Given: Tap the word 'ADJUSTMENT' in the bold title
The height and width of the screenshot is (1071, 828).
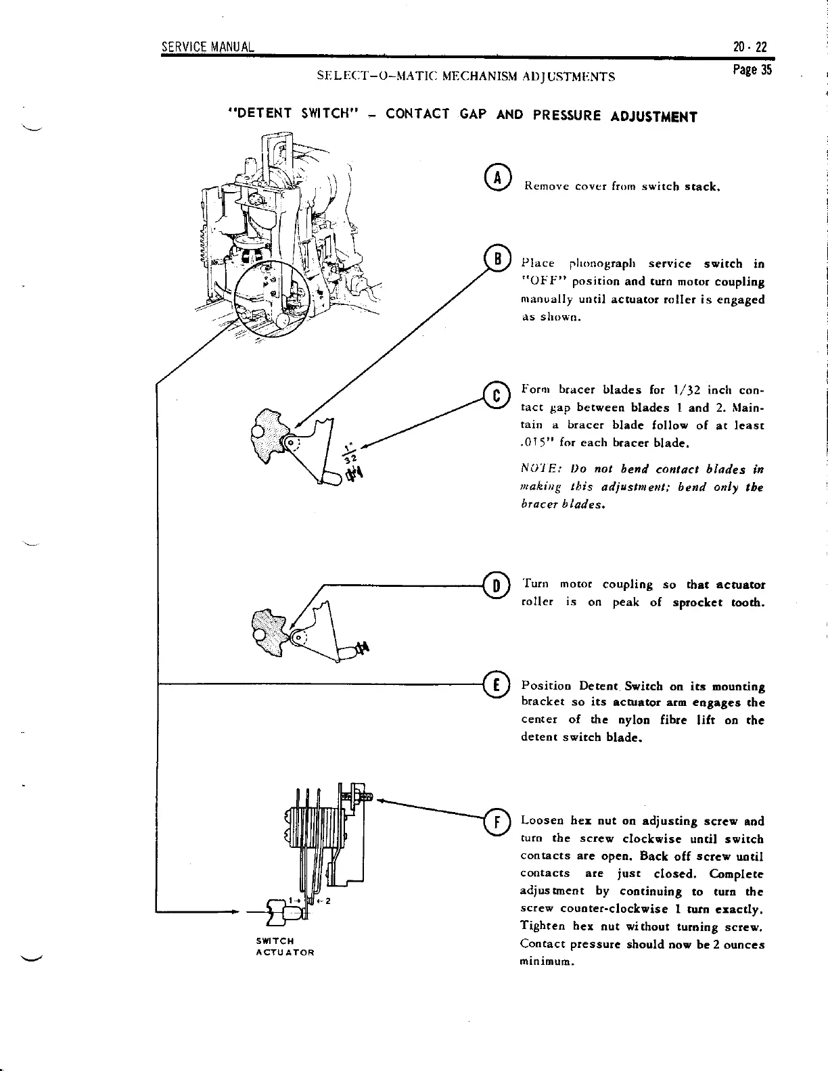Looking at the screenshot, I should [x=653, y=116].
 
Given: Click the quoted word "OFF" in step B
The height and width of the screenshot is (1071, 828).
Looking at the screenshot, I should [x=543, y=281].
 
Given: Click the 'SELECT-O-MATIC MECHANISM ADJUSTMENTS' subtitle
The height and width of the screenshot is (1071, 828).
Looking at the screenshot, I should [x=465, y=76].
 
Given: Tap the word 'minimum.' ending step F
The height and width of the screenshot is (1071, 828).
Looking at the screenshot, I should [x=547, y=961].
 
